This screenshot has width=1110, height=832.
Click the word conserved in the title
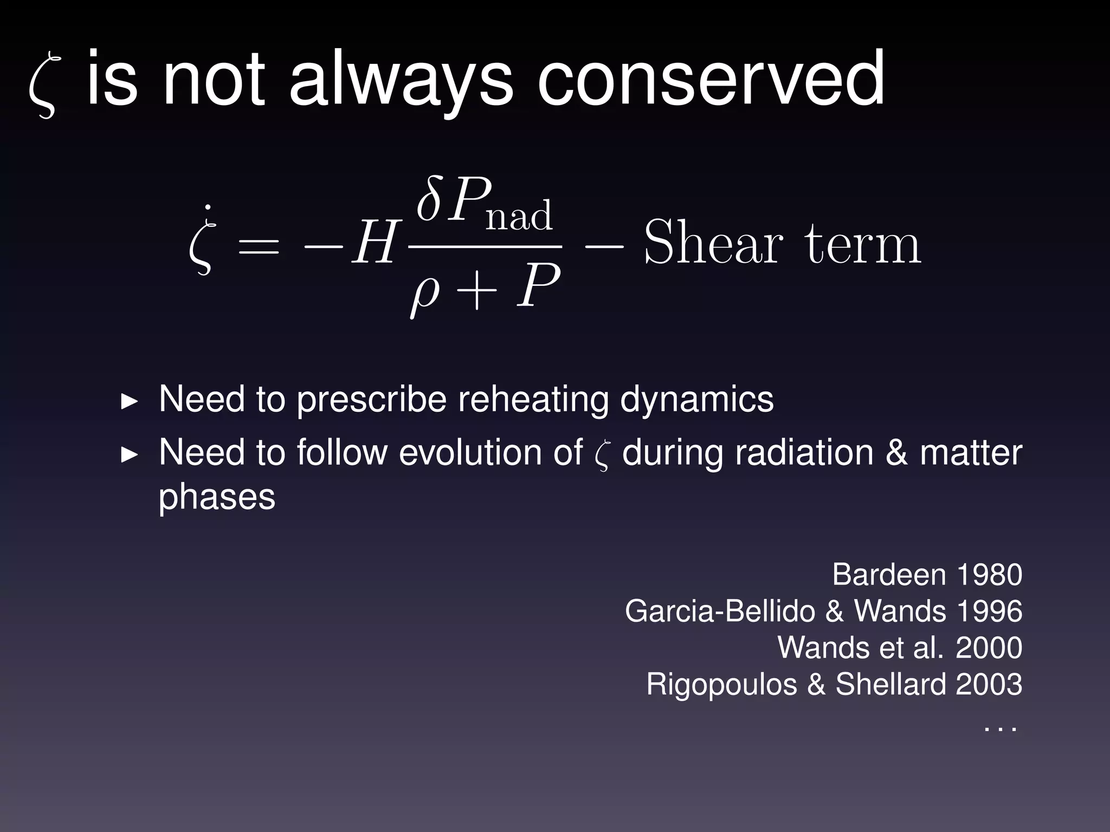tap(711, 80)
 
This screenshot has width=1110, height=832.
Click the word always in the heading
tap(401, 80)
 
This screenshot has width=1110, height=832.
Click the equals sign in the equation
tap(259, 246)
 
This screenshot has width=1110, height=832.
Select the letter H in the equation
tap(375, 244)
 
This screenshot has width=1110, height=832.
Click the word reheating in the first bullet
tap(534, 400)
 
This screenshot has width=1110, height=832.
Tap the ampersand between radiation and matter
tap(896, 453)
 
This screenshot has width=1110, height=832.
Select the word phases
tap(217, 497)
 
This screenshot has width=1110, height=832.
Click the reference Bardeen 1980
tap(927, 574)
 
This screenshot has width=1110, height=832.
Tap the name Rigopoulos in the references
tap(721, 685)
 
